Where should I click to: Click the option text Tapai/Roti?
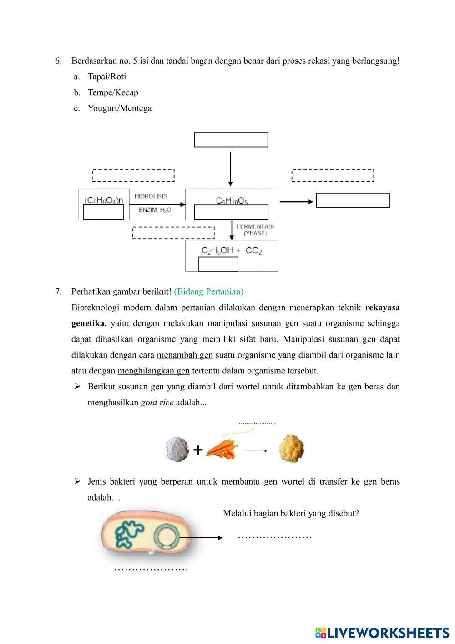click(x=107, y=77)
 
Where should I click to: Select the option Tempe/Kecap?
click(x=113, y=92)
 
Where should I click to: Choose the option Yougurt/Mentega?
click(x=120, y=108)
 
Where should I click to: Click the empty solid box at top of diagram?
click(x=231, y=140)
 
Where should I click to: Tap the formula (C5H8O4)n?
click(x=104, y=200)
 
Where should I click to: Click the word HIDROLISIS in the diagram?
click(x=151, y=196)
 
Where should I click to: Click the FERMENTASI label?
click(x=255, y=226)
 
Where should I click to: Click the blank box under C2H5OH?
click(x=218, y=264)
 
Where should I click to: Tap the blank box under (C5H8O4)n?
click(x=104, y=212)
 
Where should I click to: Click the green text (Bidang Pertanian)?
click(x=208, y=291)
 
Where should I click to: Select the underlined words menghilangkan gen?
click(x=153, y=371)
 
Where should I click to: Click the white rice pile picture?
click(x=177, y=449)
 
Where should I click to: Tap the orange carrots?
click(x=222, y=448)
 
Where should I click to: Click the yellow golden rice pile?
click(x=291, y=449)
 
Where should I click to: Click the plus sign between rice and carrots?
click(x=198, y=450)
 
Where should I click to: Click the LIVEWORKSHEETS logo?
click(x=382, y=633)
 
